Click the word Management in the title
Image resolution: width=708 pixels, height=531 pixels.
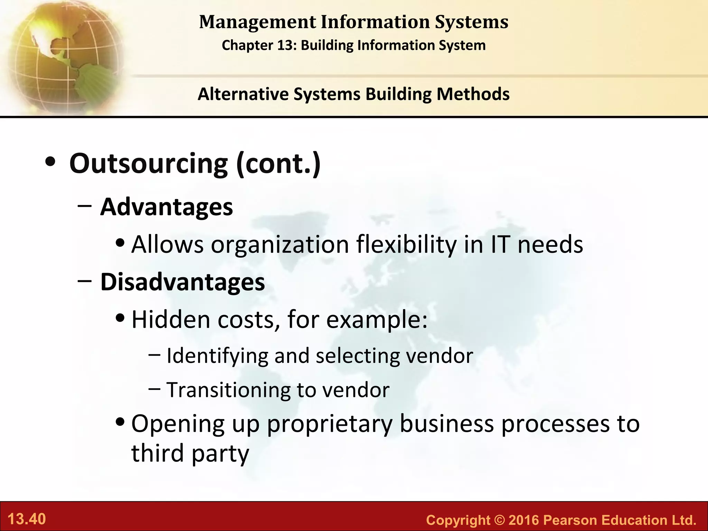click(x=258, y=22)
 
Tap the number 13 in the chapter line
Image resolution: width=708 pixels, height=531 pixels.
click(x=286, y=45)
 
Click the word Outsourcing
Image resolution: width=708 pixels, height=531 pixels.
click(x=148, y=163)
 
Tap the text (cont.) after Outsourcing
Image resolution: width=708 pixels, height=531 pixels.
click(x=278, y=163)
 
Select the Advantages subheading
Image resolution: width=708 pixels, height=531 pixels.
click(x=166, y=207)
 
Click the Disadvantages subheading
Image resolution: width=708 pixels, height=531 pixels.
click(x=183, y=282)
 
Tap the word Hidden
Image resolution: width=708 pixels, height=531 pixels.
click(x=171, y=319)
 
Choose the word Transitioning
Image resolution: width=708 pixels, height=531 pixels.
click(x=228, y=390)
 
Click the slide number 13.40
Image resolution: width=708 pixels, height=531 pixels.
click(x=27, y=519)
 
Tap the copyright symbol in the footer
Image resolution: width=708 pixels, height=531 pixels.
click(x=499, y=520)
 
